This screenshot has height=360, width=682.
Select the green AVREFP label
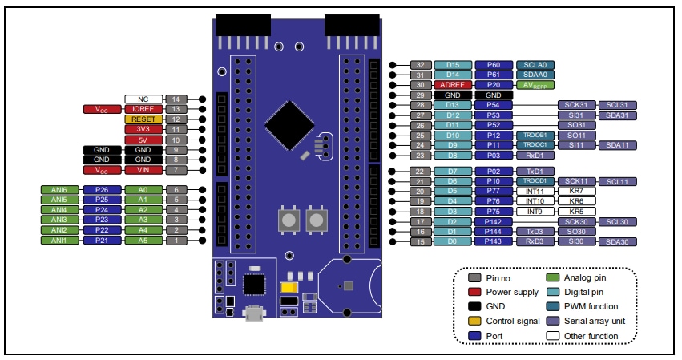coord(536,84)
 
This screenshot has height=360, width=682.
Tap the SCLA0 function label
coord(536,64)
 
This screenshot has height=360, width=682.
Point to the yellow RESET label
coord(143,119)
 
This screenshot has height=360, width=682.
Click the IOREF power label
coord(143,109)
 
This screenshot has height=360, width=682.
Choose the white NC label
coord(143,99)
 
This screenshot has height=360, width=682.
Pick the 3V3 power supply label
coord(143,129)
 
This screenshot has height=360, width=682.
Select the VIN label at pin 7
coord(143,170)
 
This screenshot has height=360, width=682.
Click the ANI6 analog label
coord(59,190)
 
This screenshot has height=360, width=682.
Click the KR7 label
coord(575,191)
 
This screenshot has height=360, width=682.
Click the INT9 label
coord(535,211)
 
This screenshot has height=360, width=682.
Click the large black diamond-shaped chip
coord(289,123)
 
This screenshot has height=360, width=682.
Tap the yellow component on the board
coord(286,288)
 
